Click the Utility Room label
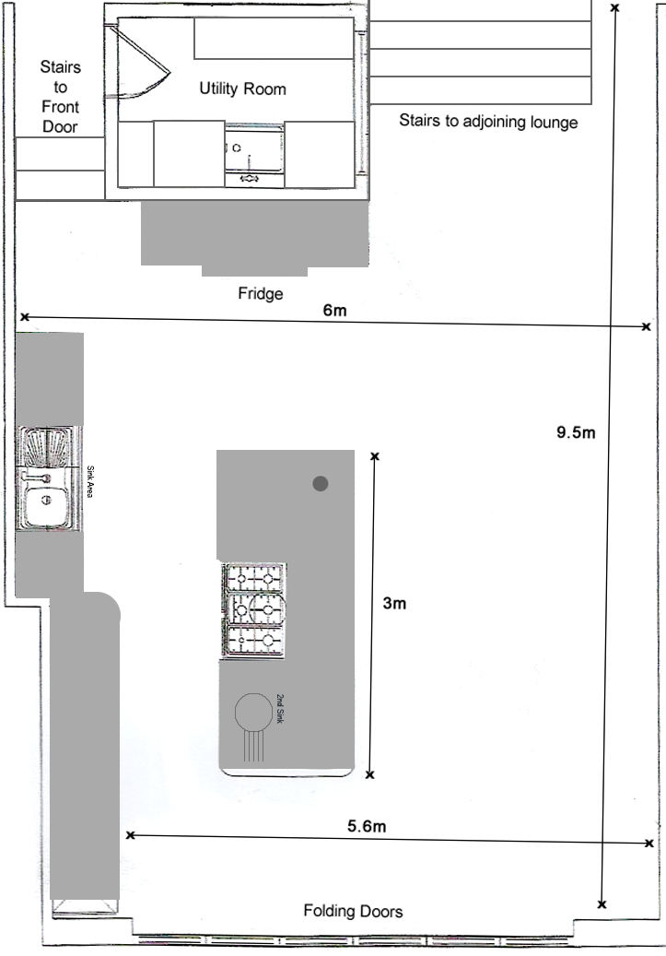242,89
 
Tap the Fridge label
260,294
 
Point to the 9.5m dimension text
576,433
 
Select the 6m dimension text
334,311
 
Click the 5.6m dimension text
367,826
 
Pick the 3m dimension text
394,604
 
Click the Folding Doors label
354,912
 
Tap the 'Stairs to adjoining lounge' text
488,122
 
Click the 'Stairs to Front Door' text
60,96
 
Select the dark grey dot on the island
321,483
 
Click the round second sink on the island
253,712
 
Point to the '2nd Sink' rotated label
280,708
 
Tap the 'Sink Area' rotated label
90,481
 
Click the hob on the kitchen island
254,610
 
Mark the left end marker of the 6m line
24,317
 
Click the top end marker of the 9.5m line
614,8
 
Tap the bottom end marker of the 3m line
370,775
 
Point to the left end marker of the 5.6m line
130,835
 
